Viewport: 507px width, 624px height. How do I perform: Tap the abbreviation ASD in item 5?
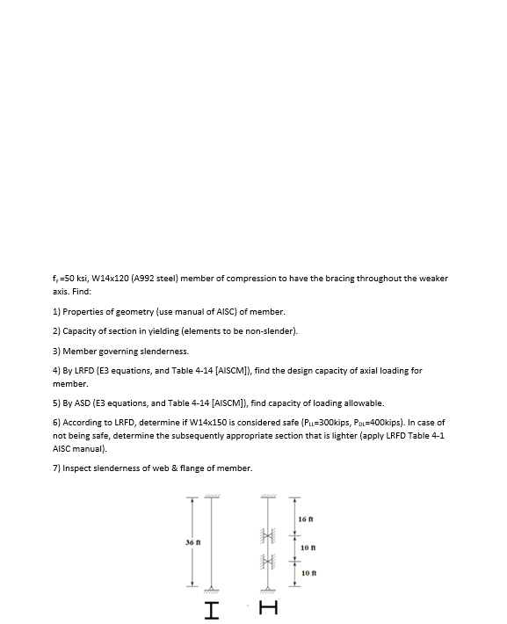[x=78, y=403]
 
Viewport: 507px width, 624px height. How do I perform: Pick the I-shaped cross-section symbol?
[x=212, y=609]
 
